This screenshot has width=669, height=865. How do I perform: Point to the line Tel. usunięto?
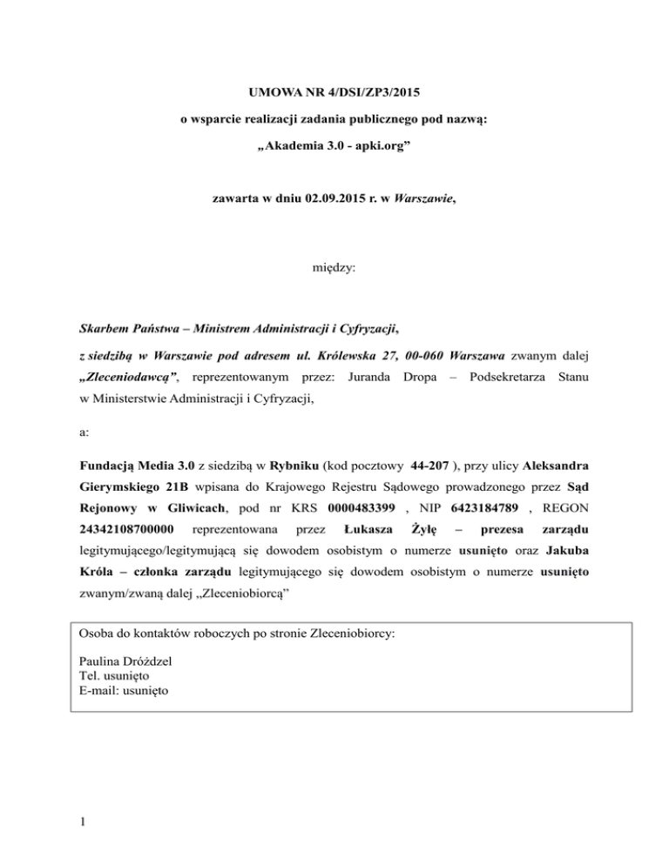coord(114,676)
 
